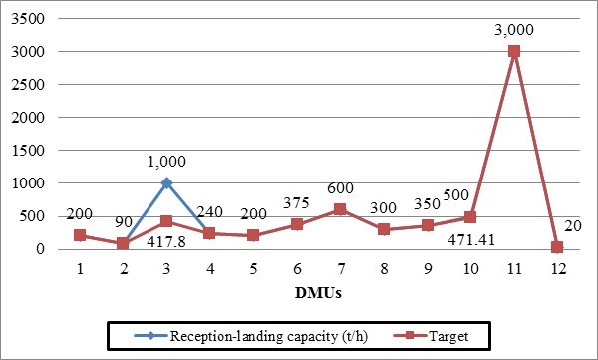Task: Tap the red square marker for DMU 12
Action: (x=557, y=247)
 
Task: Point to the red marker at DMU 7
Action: (x=340, y=209)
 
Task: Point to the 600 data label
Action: (x=340, y=189)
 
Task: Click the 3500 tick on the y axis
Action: (x=35, y=19)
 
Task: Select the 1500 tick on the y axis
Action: (x=35, y=151)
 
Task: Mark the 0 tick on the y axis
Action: (x=44, y=249)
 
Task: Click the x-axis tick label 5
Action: (x=254, y=268)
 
